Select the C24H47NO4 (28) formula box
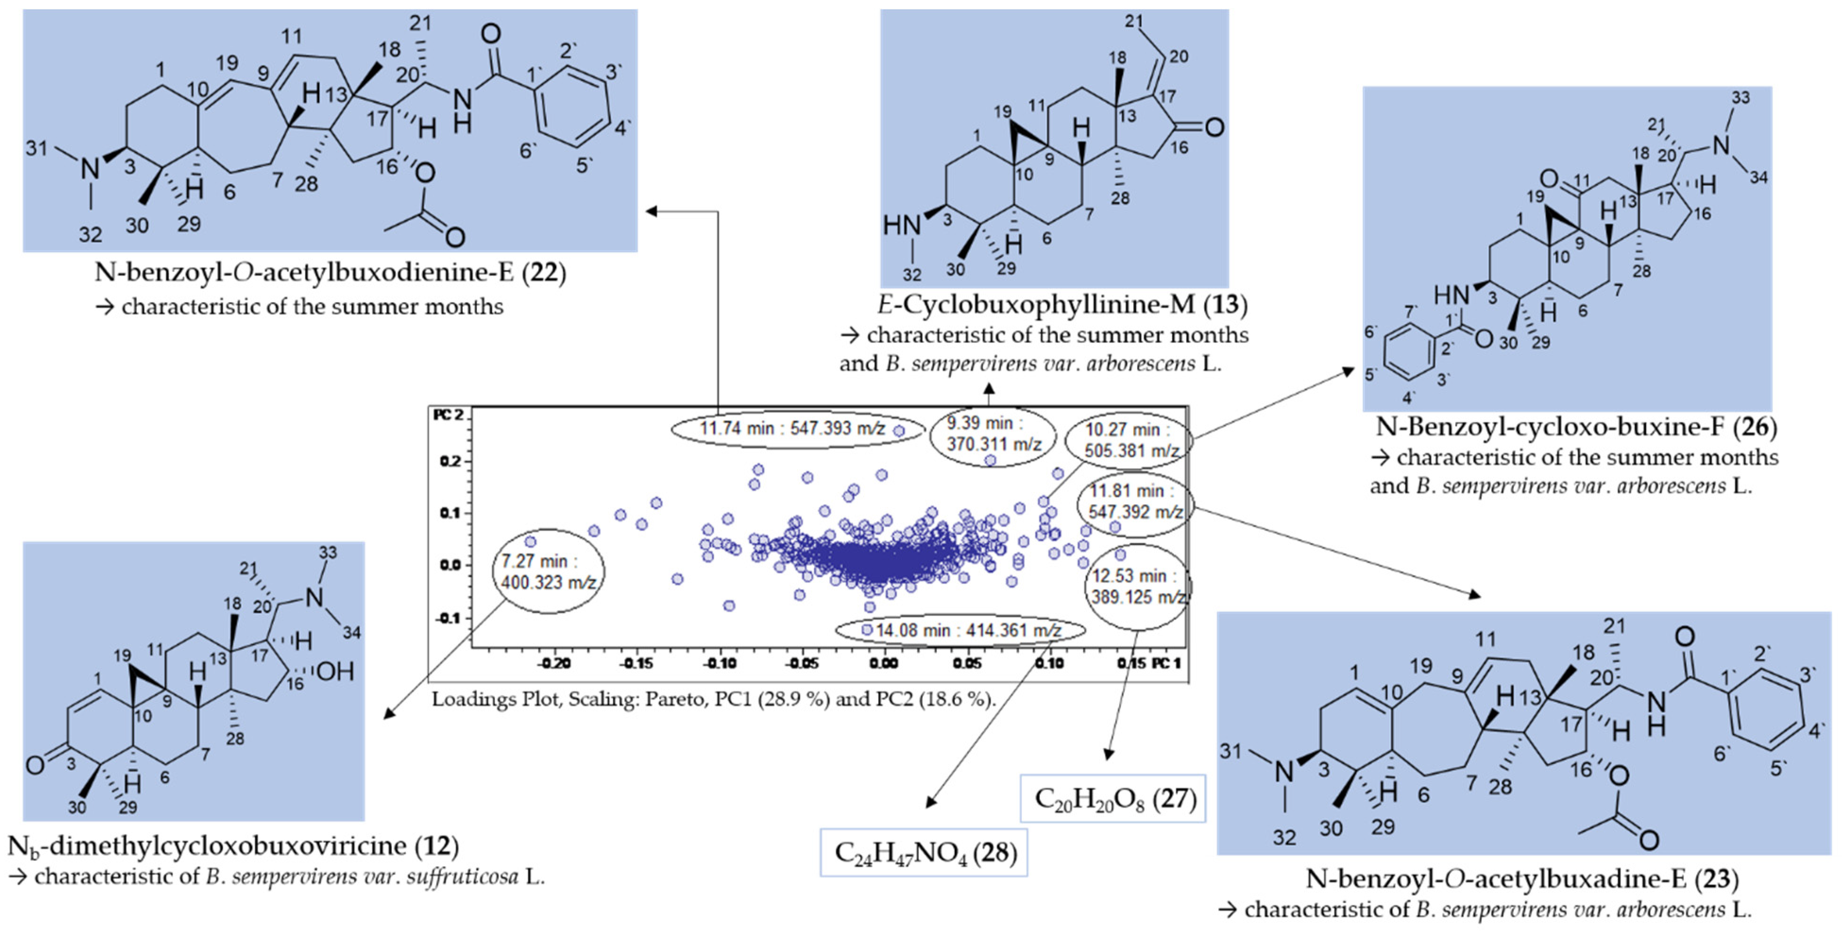[x=924, y=852]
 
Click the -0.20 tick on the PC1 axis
[x=554, y=664]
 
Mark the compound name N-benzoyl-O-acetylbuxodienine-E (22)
[x=331, y=273]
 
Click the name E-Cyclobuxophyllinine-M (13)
[x=1062, y=305]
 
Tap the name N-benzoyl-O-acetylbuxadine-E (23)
[x=1522, y=878]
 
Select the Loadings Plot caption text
[x=713, y=699]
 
